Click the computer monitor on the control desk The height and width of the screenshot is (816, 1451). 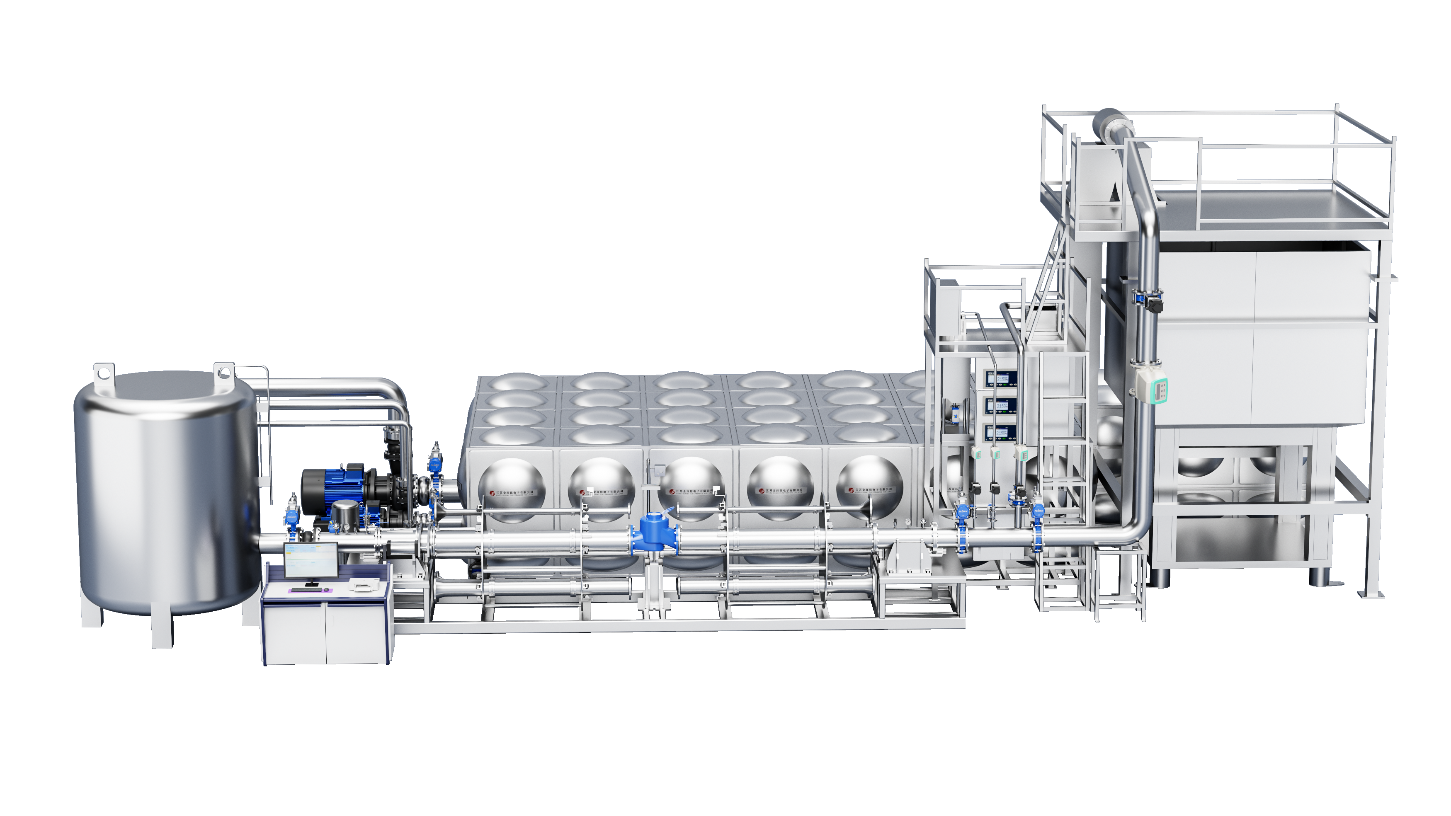coord(311,560)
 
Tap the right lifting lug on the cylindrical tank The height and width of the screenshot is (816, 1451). coord(223,373)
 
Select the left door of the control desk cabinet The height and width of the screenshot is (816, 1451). coord(295,633)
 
